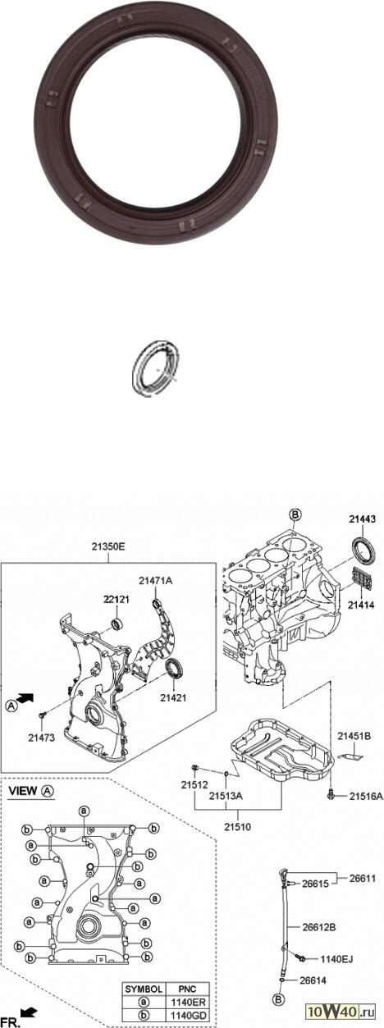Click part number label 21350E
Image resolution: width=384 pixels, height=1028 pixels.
[x=108, y=546]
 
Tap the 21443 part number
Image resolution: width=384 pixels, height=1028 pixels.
[x=362, y=519]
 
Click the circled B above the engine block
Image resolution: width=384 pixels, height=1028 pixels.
[x=295, y=515]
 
